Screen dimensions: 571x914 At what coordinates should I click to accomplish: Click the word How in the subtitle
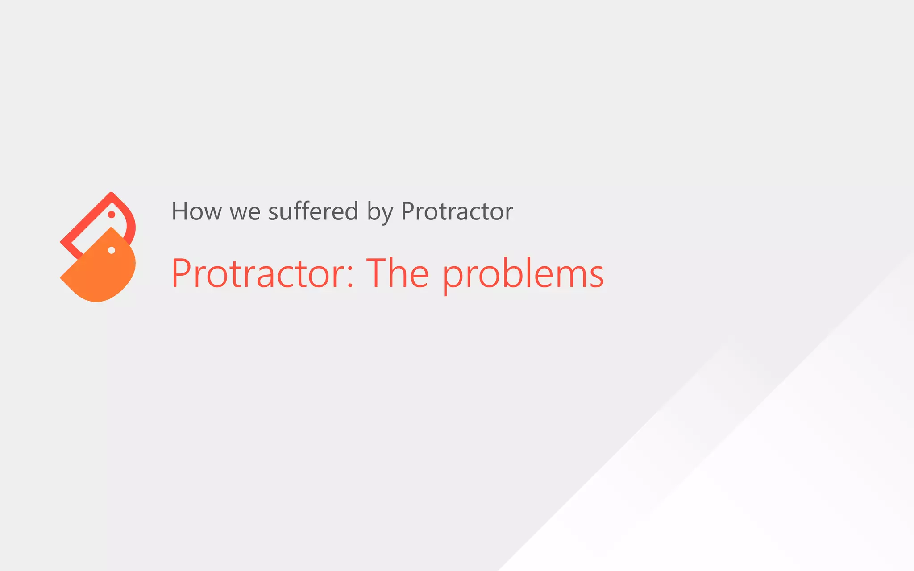pyautogui.click(x=196, y=211)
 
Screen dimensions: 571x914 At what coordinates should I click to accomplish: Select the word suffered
pyautogui.click(x=313, y=211)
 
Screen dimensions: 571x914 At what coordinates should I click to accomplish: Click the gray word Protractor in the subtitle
pyautogui.click(x=457, y=211)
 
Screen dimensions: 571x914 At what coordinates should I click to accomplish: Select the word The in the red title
pyautogui.click(x=398, y=273)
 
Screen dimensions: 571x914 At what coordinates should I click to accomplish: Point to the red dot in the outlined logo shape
pyautogui.click(x=112, y=215)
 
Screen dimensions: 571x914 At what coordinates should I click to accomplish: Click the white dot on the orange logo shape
pyautogui.click(x=112, y=251)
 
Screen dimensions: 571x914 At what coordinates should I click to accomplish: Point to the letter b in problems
pyautogui.click(x=513, y=273)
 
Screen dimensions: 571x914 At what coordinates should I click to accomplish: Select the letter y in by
pyautogui.click(x=387, y=214)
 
